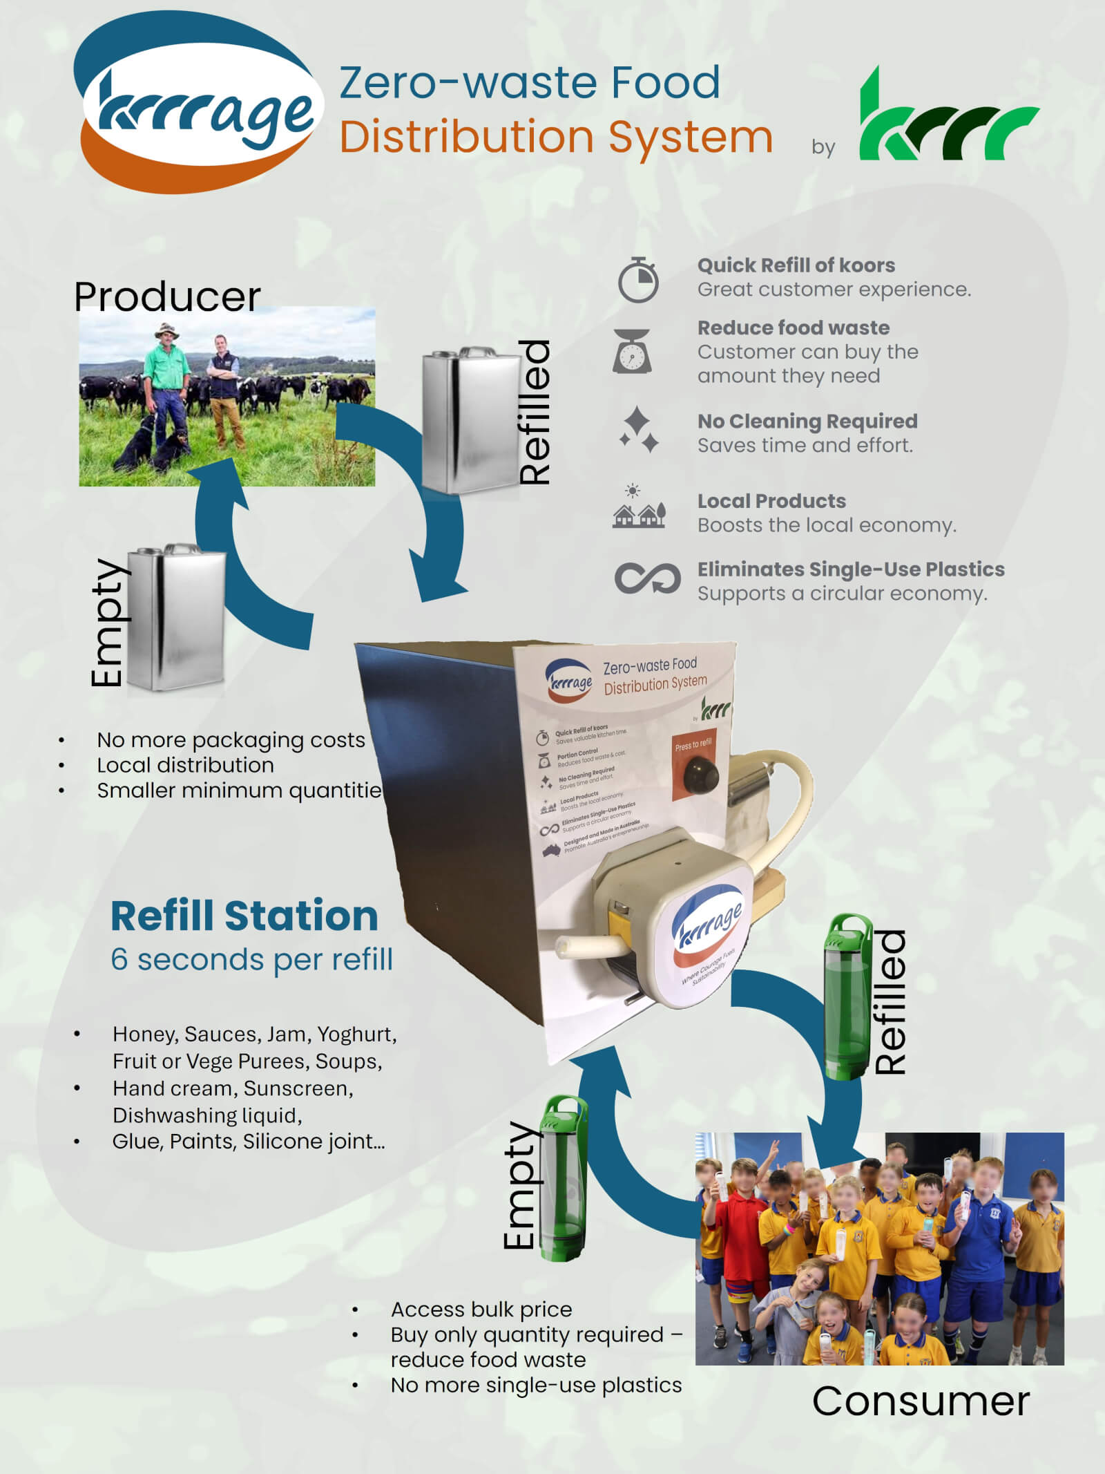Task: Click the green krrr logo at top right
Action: coord(948,117)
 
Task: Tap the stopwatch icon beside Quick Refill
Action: coord(637,280)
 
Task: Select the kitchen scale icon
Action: coord(631,351)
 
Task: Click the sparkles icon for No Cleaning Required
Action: coord(638,430)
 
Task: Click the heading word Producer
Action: coord(167,296)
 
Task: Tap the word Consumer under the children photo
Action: coord(921,1401)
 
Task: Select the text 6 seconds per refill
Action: coord(251,959)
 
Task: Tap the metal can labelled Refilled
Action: coord(471,420)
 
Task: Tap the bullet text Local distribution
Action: coord(185,765)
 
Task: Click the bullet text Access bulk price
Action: coord(481,1309)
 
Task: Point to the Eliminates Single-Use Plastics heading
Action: coord(850,569)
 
